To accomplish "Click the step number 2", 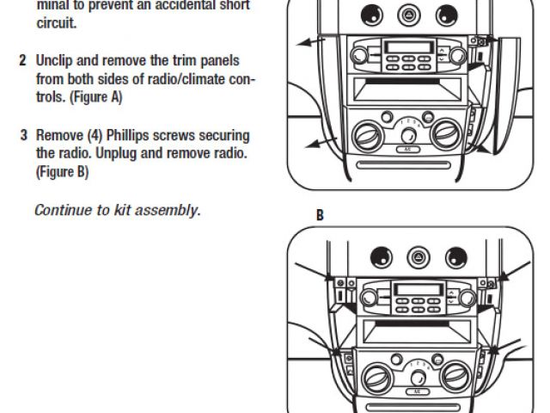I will (x=22, y=62).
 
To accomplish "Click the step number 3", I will (x=22, y=136).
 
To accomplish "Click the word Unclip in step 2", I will (x=55, y=62).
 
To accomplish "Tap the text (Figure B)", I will (x=62, y=172).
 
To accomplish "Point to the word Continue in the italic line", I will (x=61, y=210).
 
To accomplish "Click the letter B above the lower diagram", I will (x=320, y=214).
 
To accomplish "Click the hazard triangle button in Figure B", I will (x=417, y=256).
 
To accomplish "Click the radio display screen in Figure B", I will (x=410, y=288).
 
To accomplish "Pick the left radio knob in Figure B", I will (x=368, y=297).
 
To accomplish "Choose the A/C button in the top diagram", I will (x=406, y=147).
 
